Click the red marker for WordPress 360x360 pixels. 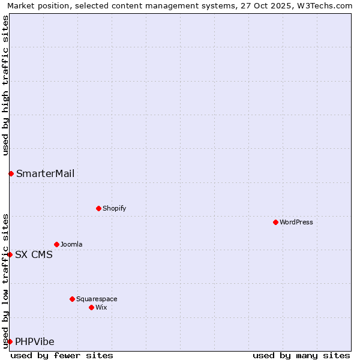point(275,222)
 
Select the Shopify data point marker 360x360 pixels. point(98,208)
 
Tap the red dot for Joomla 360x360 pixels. point(56,244)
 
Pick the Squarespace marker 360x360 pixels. point(72,299)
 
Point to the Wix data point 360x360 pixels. point(91,307)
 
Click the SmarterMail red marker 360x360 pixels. point(11,173)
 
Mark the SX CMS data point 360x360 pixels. point(10,254)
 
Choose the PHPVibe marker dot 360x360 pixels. point(10,341)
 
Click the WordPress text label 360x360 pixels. point(296,222)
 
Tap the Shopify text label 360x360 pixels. point(115,208)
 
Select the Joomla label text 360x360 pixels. point(71,244)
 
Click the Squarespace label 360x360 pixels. point(97,299)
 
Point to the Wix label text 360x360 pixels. point(101,307)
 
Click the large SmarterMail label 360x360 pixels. point(46,174)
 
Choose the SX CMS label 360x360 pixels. point(34,254)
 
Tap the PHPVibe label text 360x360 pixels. point(35,342)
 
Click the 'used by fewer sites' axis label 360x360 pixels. point(62,355)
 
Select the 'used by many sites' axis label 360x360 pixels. point(301,355)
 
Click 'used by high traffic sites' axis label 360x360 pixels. point(5,86)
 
